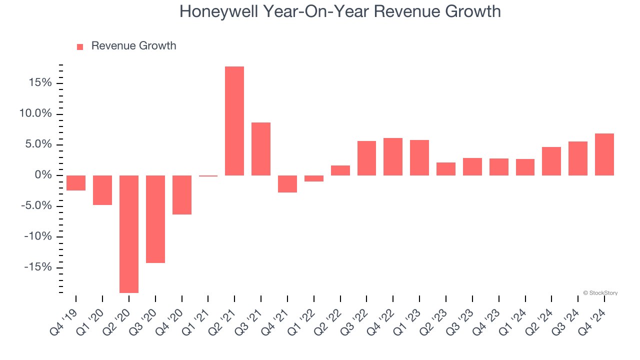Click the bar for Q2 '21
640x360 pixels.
pyautogui.click(x=234, y=121)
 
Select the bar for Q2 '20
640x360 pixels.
pyautogui.click(x=129, y=234)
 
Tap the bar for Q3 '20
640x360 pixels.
pyautogui.click(x=155, y=219)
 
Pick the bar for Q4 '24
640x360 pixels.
pyautogui.click(x=604, y=154)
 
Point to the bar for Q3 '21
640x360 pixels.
pyautogui.click(x=261, y=149)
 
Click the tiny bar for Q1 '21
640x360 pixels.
pyautogui.click(x=208, y=176)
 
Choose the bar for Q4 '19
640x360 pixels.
pyautogui.click(x=76, y=183)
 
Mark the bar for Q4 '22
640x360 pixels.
pyautogui.click(x=393, y=156)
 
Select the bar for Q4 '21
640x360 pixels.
pyautogui.click(x=287, y=184)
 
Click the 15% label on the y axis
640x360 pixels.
pyautogui.click(x=40, y=82)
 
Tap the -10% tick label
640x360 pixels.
pyautogui.click(x=38, y=236)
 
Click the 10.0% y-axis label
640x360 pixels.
pyautogui.click(x=36, y=113)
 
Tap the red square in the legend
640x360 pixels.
pyautogui.click(x=80, y=46)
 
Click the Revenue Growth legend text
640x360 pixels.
pyautogui.click(x=133, y=46)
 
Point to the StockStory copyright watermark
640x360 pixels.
pyautogui.click(x=600, y=293)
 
